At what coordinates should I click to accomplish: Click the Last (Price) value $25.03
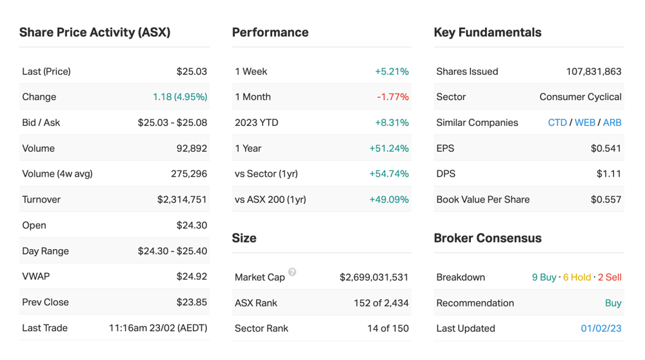[x=192, y=72]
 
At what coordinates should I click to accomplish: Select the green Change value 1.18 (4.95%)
[x=180, y=97]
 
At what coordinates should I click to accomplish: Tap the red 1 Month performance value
[x=393, y=97]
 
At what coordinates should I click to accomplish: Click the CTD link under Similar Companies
[x=557, y=123]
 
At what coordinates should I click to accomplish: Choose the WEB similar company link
[x=585, y=123]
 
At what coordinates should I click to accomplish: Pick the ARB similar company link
[x=612, y=123]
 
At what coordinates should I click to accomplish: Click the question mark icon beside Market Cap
[x=292, y=272]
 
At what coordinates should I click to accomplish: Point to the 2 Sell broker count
[x=610, y=277]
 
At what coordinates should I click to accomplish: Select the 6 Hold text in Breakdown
[x=577, y=277]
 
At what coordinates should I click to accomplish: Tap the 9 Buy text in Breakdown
[x=544, y=277]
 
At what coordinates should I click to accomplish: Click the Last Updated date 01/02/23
[x=601, y=328]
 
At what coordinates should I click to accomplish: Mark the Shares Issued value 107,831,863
[x=593, y=72]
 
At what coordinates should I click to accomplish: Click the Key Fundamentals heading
[x=488, y=32]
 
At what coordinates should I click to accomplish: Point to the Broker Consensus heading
[x=488, y=238]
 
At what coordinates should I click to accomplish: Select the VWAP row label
[x=35, y=277]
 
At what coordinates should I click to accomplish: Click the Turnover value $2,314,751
[x=182, y=200]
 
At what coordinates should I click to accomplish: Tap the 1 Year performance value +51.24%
[x=389, y=148]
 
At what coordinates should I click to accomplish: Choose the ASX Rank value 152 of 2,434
[x=381, y=303]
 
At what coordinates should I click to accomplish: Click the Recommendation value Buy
[x=613, y=303]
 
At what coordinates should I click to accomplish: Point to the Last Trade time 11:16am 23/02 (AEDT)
[x=158, y=328]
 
